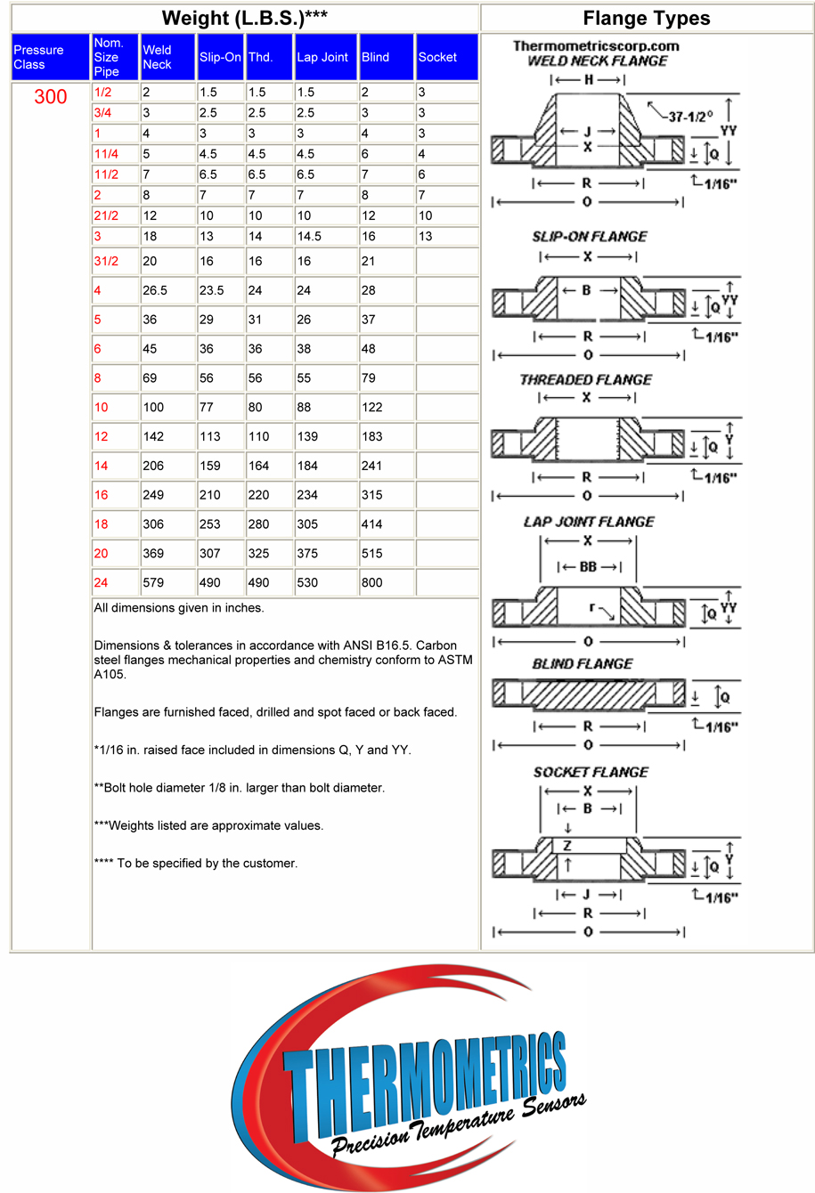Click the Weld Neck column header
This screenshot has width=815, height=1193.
point(157,57)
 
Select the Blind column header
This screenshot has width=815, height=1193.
point(375,57)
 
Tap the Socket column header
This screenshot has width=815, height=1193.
point(437,57)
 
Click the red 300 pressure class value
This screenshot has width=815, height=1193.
point(51,97)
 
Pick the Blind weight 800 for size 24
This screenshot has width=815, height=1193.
point(372,582)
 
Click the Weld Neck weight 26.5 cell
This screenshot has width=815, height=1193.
point(155,290)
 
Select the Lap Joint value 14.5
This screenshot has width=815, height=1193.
point(309,236)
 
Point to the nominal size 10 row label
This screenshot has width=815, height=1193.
point(102,407)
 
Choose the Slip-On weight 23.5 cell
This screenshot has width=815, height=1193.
point(212,290)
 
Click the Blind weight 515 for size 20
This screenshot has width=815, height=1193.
point(372,553)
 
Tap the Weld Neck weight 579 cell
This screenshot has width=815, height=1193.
point(153,582)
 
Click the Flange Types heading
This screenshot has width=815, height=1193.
point(647,19)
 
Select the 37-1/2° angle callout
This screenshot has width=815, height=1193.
point(690,117)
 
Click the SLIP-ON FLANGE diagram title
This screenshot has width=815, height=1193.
point(590,237)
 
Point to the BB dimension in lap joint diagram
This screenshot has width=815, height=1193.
point(588,567)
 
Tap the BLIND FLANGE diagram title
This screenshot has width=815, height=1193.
point(583,664)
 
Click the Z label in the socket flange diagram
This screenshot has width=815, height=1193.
point(567,846)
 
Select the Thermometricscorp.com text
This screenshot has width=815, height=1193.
point(596,46)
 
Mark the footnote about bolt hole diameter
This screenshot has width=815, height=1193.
point(239,788)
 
